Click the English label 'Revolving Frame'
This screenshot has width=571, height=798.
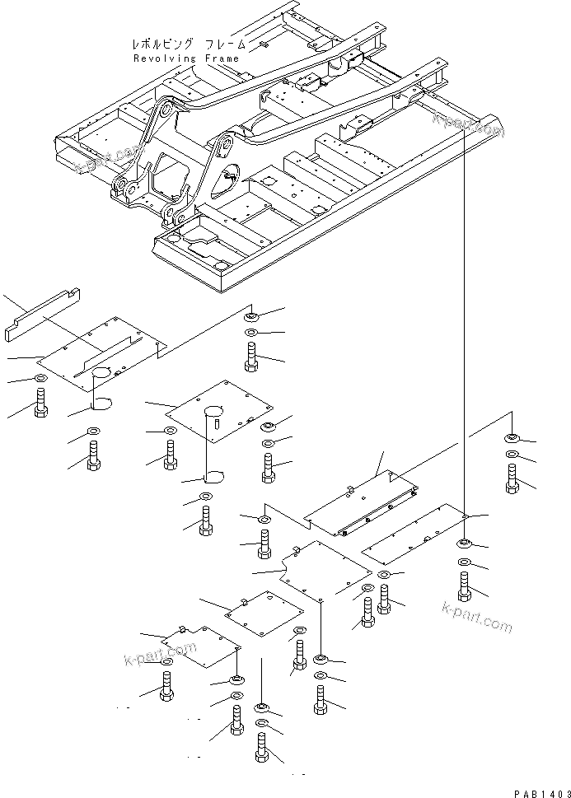(185, 58)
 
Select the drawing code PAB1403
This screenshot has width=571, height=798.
(539, 791)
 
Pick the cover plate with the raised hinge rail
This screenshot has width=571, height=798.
(363, 502)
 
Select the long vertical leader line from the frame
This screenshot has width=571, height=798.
(464, 329)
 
